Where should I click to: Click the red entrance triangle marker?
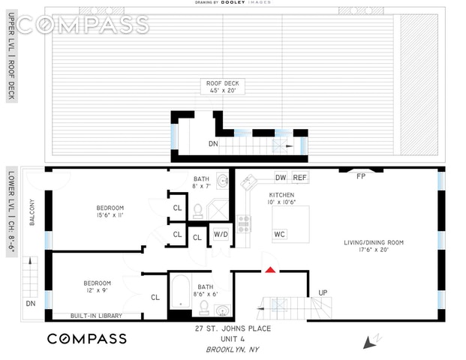[270, 268]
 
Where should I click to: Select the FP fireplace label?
[361, 176]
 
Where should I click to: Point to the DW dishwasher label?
[281, 178]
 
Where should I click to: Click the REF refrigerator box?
[300, 178]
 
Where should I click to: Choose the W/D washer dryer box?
[221, 234]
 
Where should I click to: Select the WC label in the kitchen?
[279, 234]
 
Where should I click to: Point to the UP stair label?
[323, 292]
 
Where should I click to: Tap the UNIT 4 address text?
[237, 339]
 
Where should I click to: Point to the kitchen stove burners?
[244, 222]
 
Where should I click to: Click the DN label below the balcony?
[31, 303]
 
